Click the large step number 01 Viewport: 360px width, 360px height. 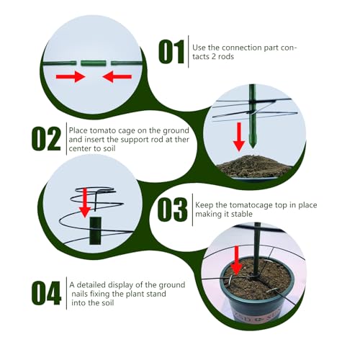coord(171,52)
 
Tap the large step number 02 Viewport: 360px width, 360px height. coord(46,139)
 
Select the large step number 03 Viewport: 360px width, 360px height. coord(172,210)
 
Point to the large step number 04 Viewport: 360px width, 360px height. coord(46,293)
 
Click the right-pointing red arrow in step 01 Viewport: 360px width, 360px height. coord(71,77)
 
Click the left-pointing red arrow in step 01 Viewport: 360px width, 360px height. coord(117,77)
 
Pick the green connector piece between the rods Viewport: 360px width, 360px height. coord(94,63)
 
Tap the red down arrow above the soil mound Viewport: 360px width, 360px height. coord(239,137)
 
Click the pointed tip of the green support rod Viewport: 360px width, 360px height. coord(252,148)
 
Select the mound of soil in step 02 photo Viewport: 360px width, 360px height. coord(253,166)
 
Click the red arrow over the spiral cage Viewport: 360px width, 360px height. coord(85,203)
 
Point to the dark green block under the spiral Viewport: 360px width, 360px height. coord(96,230)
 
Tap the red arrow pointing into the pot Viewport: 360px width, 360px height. coord(237,261)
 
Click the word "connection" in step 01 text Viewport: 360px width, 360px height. coord(242,48)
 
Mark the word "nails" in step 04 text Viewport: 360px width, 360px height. coord(79,294)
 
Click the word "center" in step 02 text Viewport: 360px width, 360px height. coord(80,148)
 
